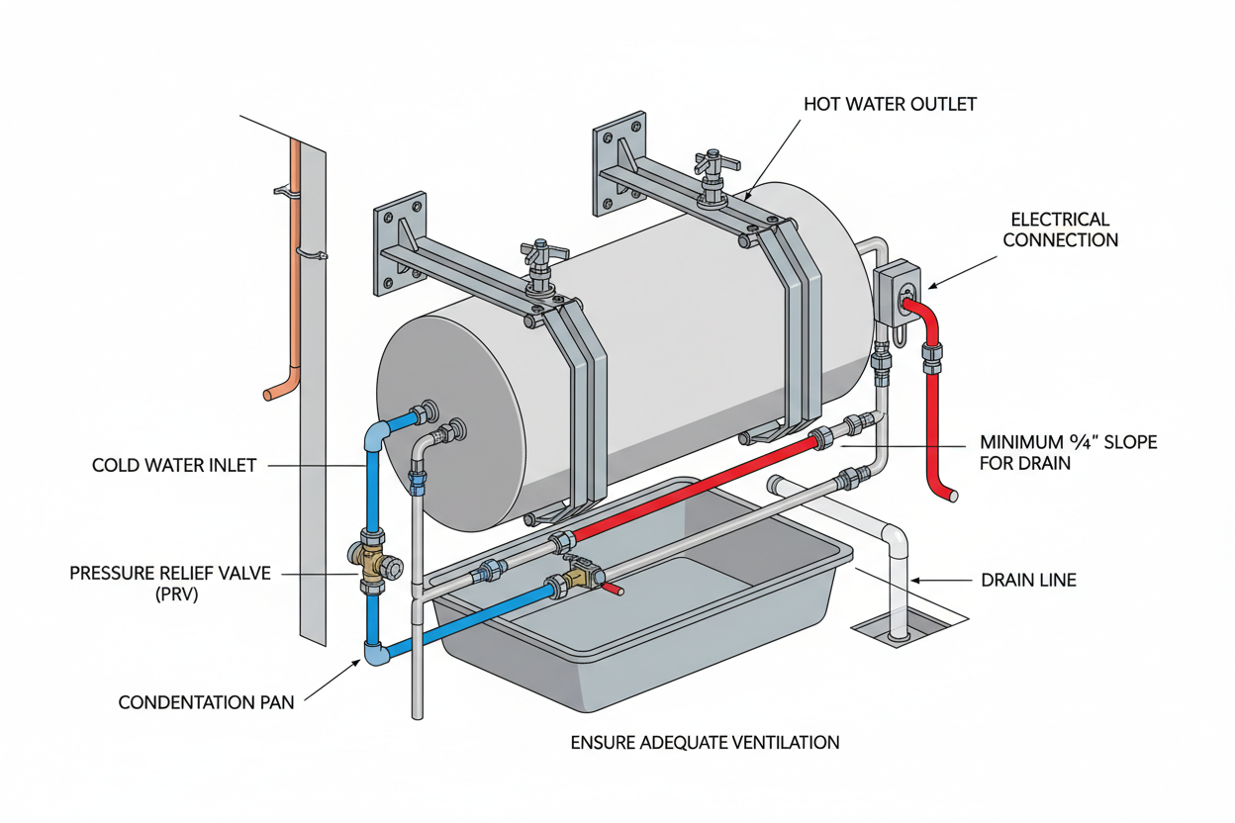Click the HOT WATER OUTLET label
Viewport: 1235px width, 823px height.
click(x=890, y=104)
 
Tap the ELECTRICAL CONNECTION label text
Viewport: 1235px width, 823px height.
click(x=1060, y=229)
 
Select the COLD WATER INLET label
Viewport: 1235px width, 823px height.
click(x=174, y=465)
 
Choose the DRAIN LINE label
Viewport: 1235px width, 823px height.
click(x=1027, y=580)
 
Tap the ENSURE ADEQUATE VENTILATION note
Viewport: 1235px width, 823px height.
click(x=705, y=742)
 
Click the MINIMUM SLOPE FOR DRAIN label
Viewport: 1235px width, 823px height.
click(x=1068, y=452)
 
